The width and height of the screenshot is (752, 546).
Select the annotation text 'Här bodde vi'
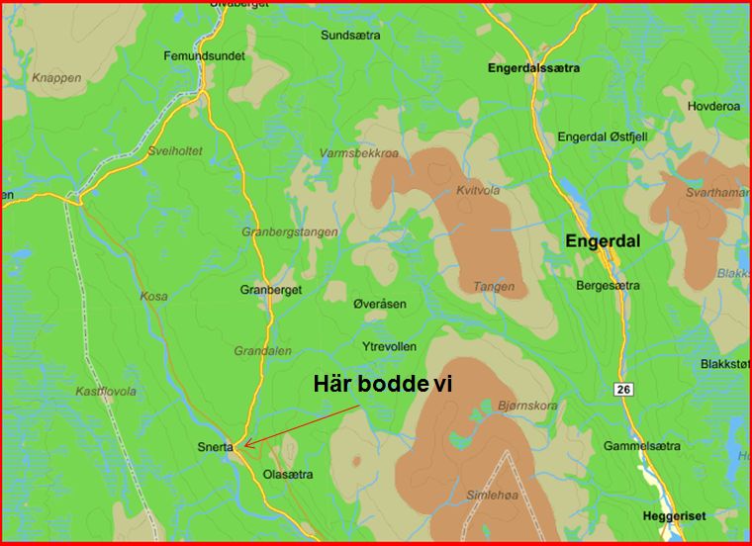point(382,385)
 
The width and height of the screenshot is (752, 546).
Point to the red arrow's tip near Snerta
point(245,447)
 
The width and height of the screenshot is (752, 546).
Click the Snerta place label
point(215,447)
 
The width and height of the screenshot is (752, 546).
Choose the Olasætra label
point(288,475)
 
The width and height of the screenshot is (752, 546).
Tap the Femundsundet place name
point(204,56)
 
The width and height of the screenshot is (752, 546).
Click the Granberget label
point(270,290)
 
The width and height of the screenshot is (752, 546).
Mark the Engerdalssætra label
point(534,69)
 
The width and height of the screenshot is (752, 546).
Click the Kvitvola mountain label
point(478,191)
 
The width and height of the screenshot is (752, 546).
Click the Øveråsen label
point(380,304)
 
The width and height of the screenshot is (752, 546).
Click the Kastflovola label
point(106,392)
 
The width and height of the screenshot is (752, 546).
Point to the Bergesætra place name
point(608,286)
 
